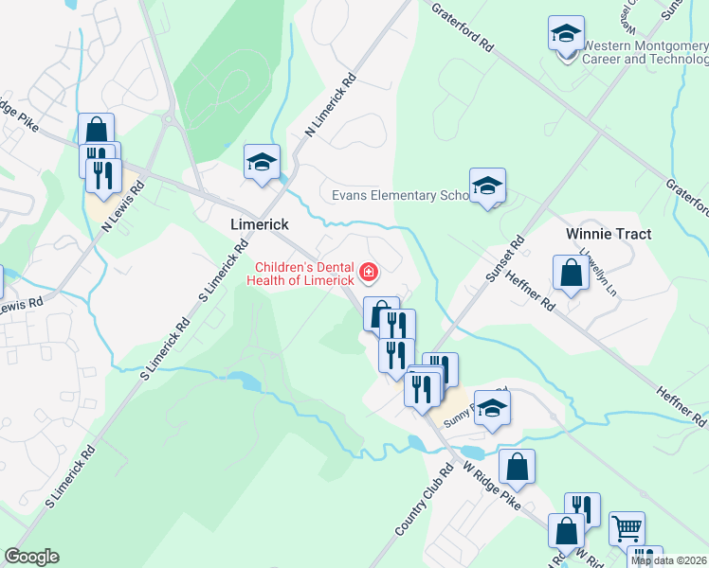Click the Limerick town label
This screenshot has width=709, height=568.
260,224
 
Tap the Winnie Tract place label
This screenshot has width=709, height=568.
606,232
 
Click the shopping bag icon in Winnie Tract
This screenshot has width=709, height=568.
573,274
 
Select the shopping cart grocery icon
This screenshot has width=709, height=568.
626,527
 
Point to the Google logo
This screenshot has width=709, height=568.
31,557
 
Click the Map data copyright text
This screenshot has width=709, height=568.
669,560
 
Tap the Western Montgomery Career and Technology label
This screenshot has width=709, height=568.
645,52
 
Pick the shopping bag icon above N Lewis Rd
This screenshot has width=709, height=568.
96,130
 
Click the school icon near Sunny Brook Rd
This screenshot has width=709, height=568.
492,408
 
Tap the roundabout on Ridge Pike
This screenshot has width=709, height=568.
171,120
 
